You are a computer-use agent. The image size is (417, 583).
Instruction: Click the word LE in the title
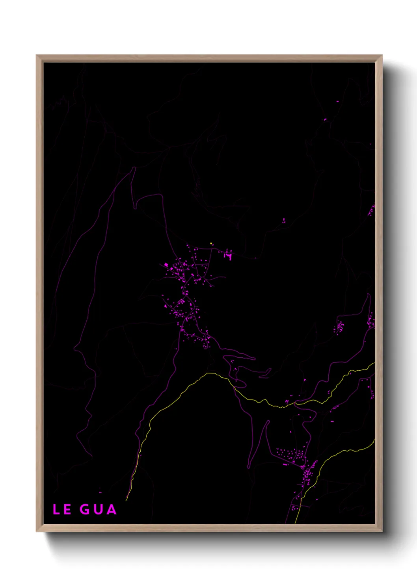click(62, 509)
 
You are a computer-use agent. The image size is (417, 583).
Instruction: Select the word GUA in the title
click(98, 509)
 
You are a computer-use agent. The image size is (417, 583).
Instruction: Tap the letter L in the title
click(56, 509)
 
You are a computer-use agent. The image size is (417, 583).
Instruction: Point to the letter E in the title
click(67, 509)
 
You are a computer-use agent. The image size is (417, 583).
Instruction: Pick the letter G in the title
click(84, 509)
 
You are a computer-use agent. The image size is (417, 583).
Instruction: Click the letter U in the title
click(98, 509)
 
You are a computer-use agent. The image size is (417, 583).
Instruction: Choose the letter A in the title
click(112, 509)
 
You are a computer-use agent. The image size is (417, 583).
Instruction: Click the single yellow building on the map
click(211, 243)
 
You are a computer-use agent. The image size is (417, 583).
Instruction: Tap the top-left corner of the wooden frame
click(37, 56)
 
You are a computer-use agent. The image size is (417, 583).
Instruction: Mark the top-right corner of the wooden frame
click(382, 56)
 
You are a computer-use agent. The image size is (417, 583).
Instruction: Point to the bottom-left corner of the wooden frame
click(37, 531)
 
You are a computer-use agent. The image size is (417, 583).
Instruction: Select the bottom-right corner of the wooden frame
click(382, 531)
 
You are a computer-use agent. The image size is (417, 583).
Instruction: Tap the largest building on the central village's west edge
click(166, 265)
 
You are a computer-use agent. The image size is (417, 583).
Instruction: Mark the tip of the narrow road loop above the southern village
click(268, 421)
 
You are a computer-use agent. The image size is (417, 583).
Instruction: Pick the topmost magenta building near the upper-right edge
click(337, 101)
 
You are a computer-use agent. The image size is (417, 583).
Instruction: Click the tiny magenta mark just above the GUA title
click(100, 492)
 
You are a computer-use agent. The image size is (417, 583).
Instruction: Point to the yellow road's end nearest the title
click(126, 500)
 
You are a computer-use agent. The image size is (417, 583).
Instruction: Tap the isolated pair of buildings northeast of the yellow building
click(284, 221)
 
